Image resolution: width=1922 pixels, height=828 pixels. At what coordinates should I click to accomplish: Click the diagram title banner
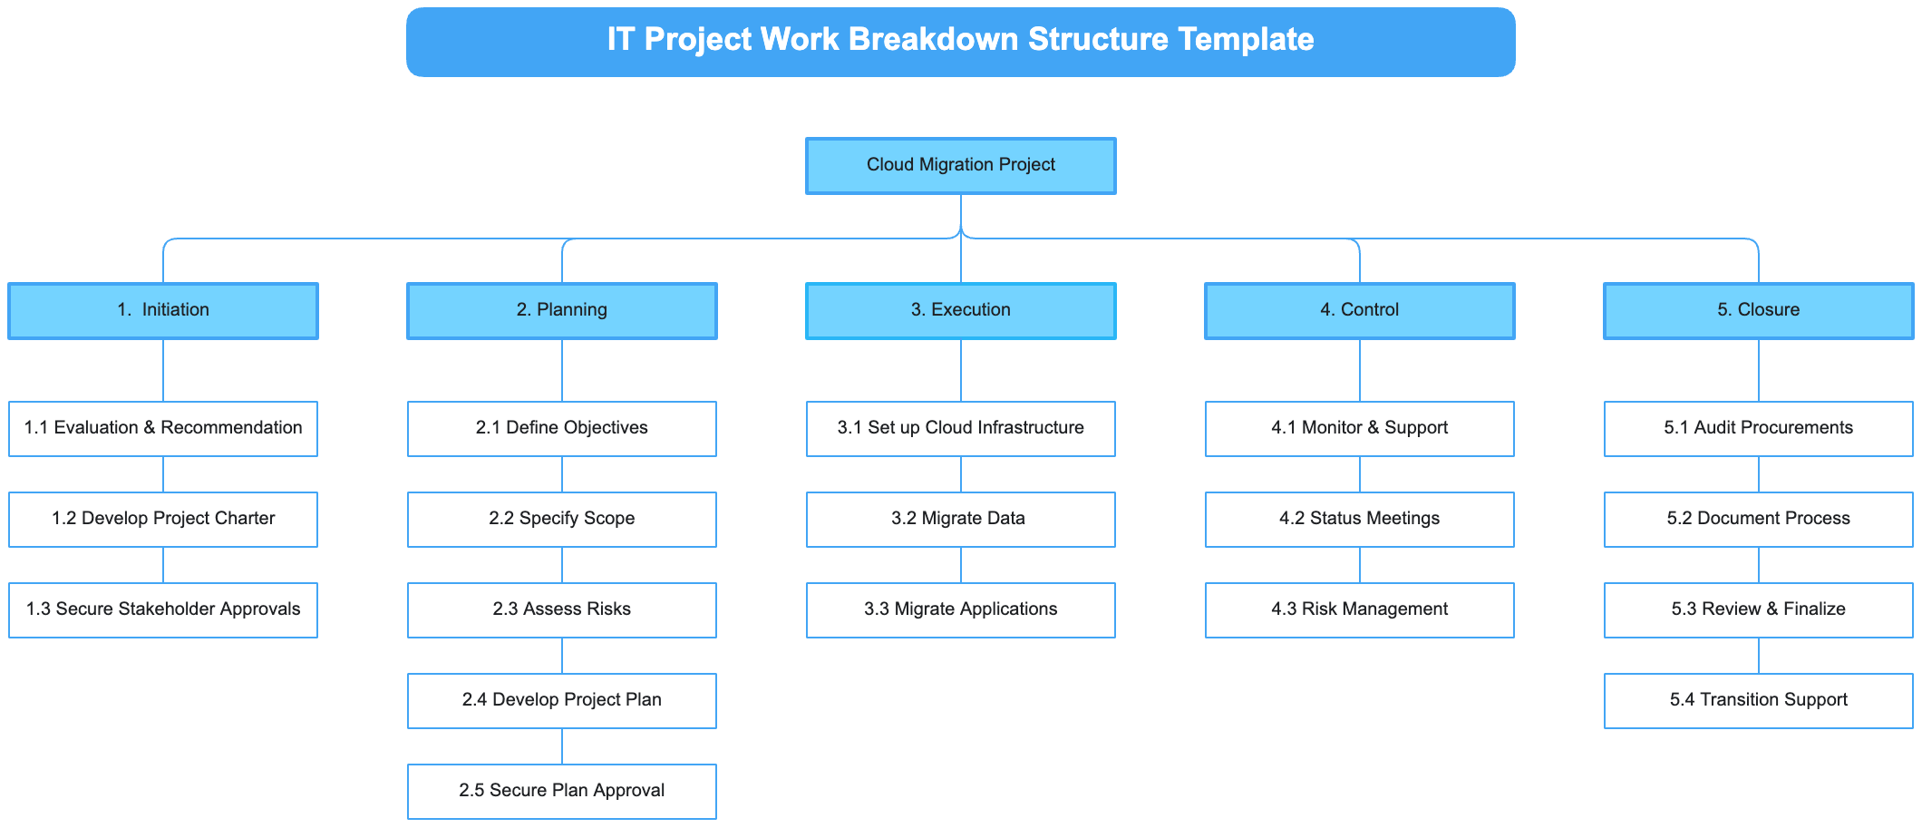pos(961,42)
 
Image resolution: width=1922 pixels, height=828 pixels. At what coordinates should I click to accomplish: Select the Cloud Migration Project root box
pos(961,166)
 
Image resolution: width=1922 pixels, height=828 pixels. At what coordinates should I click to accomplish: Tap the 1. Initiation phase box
pos(163,311)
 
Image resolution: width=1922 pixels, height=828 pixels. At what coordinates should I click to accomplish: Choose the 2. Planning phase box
pos(562,311)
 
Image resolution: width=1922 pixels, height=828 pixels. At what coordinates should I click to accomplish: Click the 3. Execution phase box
pos(961,311)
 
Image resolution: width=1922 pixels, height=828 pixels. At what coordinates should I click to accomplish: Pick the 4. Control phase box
pos(1360,311)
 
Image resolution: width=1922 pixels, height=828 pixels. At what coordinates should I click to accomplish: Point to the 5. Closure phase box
pos(1759,311)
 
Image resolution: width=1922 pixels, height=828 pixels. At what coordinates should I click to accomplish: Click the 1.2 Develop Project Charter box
pos(163,520)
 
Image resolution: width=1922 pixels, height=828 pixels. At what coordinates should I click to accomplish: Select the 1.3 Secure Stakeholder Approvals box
pos(163,610)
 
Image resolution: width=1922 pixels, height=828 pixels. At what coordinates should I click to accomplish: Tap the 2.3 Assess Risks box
pos(562,610)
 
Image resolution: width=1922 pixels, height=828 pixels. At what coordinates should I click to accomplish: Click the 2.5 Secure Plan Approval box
pos(562,792)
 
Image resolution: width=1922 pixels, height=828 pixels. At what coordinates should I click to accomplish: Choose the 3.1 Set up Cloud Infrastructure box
pos(961,429)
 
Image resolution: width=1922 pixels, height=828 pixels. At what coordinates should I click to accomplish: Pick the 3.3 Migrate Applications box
pos(961,610)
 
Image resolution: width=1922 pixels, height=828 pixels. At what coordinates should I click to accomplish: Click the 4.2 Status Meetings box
pos(1360,520)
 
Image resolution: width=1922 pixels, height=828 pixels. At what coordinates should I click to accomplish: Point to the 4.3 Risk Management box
pos(1360,610)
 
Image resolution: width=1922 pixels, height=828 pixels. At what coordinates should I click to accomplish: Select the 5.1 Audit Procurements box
pos(1759,429)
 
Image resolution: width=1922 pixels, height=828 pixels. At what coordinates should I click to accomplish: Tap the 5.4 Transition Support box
pos(1759,701)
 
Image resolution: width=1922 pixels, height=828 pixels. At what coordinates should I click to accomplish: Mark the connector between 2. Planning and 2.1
pos(562,371)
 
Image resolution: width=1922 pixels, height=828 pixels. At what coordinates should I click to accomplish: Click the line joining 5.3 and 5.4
pos(1759,656)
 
